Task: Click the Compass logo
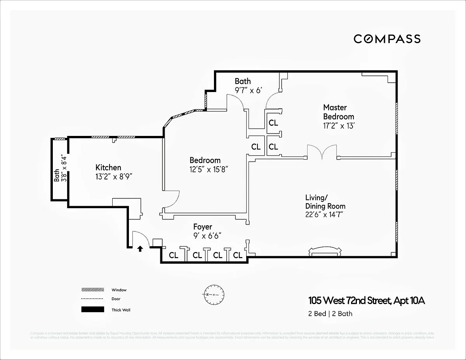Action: pyautogui.click(x=387, y=39)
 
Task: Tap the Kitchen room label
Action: pyautogui.click(x=108, y=167)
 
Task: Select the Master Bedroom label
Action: pyautogui.click(x=339, y=112)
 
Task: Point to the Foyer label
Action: pyautogui.click(x=203, y=227)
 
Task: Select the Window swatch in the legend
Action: pyautogui.click(x=93, y=290)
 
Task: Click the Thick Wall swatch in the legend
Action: pyautogui.click(x=93, y=310)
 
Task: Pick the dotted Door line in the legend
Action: pyautogui.click(x=93, y=299)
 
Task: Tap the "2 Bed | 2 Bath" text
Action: pyautogui.click(x=330, y=313)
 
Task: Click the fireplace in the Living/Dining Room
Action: pyautogui.click(x=325, y=251)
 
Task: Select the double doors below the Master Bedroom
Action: pyautogui.click(x=322, y=152)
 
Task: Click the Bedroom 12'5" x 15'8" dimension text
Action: pyautogui.click(x=208, y=169)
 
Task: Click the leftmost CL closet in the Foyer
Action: pyautogui.click(x=174, y=255)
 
